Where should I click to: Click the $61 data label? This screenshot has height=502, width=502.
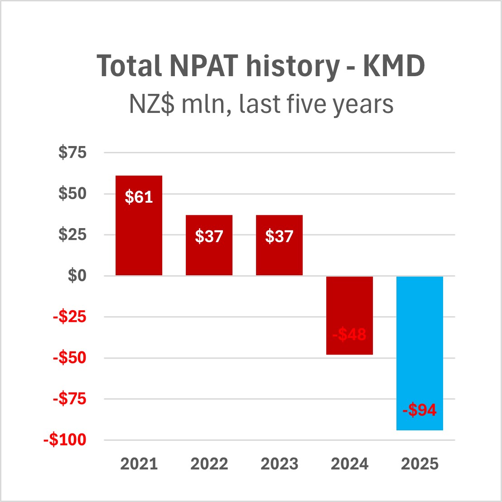[139, 197]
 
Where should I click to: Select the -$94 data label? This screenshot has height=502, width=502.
[420, 410]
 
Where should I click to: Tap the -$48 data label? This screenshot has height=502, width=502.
[349, 335]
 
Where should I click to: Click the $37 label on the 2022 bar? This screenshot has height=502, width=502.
[209, 236]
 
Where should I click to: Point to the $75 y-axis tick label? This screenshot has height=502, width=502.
[72, 153]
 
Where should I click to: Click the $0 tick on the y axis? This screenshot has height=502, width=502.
[77, 276]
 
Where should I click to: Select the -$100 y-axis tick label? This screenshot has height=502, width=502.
[65, 440]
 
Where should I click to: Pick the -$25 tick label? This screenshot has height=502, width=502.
[69, 317]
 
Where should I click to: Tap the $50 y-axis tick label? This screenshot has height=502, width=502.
[72, 194]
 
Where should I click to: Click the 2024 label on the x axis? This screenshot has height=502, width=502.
[349, 464]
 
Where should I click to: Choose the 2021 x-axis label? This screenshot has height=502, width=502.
[139, 464]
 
